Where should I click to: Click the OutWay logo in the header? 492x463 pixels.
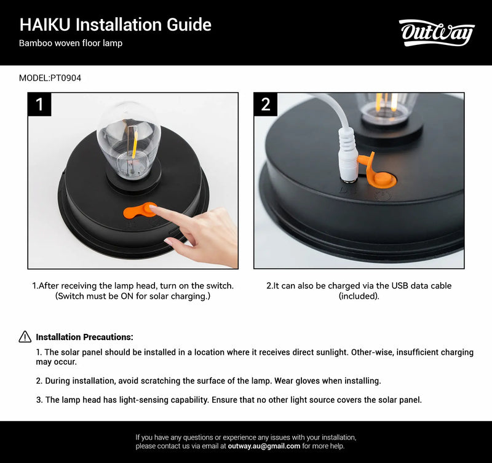(x=437, y=33)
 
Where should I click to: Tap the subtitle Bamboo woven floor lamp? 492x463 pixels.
(x=71, y=43)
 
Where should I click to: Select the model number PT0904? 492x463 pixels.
(x=66, y=78)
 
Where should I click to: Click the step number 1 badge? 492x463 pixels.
(x=40, y=105)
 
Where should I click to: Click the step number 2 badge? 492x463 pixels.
(x=266, y=105)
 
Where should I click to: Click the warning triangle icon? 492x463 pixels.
(x=25, y=336)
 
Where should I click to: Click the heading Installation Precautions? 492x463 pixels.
(x=84, y=337)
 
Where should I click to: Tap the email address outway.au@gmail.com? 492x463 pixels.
(x=264, y=446)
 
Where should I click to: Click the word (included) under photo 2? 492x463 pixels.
(x=359, y=296)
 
